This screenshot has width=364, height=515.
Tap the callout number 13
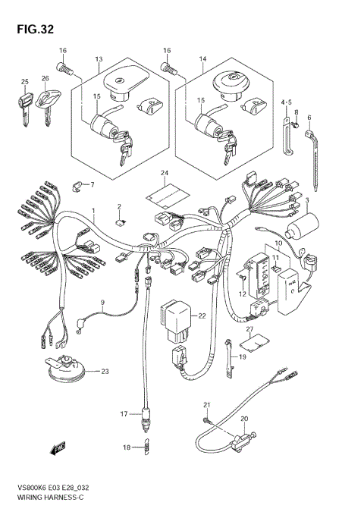[99, 59]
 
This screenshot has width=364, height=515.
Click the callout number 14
[202, 59]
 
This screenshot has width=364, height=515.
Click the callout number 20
[244, 418]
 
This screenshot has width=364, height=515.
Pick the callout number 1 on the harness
[94, 210]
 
